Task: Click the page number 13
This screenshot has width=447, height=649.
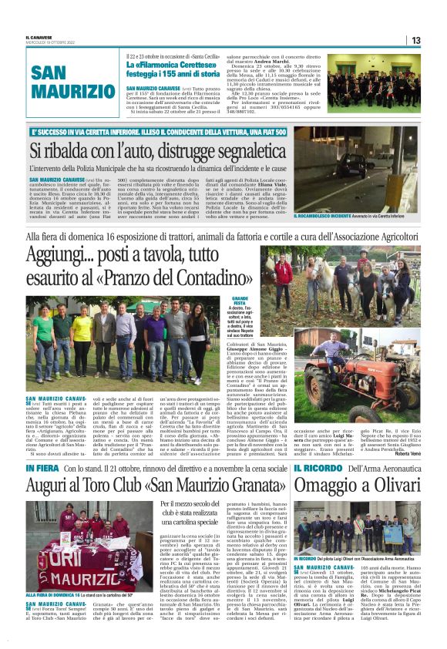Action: [415, 40]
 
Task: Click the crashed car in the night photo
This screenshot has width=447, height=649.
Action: [365, 164]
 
